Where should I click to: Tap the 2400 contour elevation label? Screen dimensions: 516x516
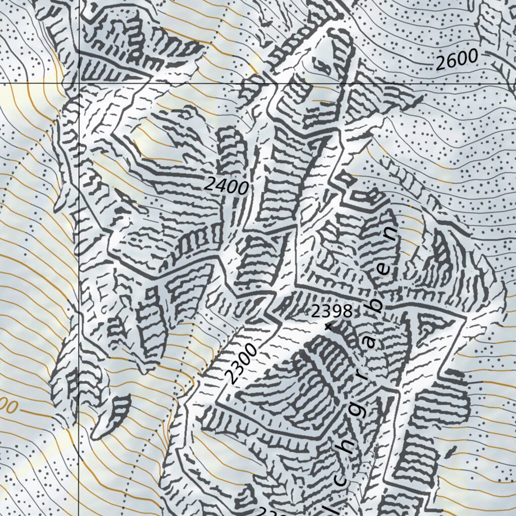(227, 186)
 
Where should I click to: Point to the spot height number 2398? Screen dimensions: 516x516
(331, 311)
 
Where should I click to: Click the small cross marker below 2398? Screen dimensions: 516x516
(329, 327)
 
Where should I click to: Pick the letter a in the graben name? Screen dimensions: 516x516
(371, 342)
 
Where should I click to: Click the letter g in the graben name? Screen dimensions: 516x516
(359, 411)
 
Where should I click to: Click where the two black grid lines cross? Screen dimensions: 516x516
(79, 82)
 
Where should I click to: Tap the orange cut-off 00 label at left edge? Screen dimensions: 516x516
(9, 407)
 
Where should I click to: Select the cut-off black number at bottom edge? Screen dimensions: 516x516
(272, 511)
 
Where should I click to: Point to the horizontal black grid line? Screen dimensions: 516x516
(302, 82)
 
